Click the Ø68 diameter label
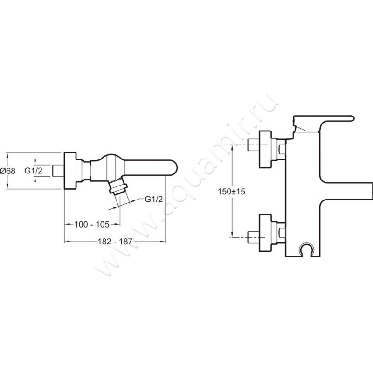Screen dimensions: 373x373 pyautogui.click(x=7, y=171)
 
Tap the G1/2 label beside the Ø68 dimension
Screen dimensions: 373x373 pyautogui.click(x=33, y=171)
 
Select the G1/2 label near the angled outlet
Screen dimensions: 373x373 pyautogui.click(x=154, y=199)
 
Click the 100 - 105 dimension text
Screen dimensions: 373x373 pyautogui.click(x=92, y=224)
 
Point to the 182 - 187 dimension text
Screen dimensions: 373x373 pyautogui.click(x=115, y=242)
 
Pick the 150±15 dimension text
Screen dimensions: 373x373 pyautogui.click(x=231, y=192)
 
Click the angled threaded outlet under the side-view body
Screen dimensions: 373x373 pyautogui.click(x=117, y=187)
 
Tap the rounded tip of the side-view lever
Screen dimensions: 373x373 pyautogui.click(x=173, y=168)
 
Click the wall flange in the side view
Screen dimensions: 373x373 pyautogui.click(x=70, y=170)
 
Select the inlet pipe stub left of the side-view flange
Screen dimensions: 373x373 pyautogui.click(x=58, y=170)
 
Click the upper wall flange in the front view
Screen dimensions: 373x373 pyautogui.click(x=265, y=149)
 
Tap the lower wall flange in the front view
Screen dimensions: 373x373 pyautogui.click(x=265, y=233)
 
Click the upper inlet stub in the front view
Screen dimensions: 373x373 pyautogui.click(x=253, y=145)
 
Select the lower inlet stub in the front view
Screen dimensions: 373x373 pyautogui.click(x=253, y=237)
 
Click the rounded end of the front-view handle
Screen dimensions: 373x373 pyautogui.click(x=351, y=118)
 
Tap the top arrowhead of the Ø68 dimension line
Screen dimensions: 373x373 pyautogui.click(x=7, y=155)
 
